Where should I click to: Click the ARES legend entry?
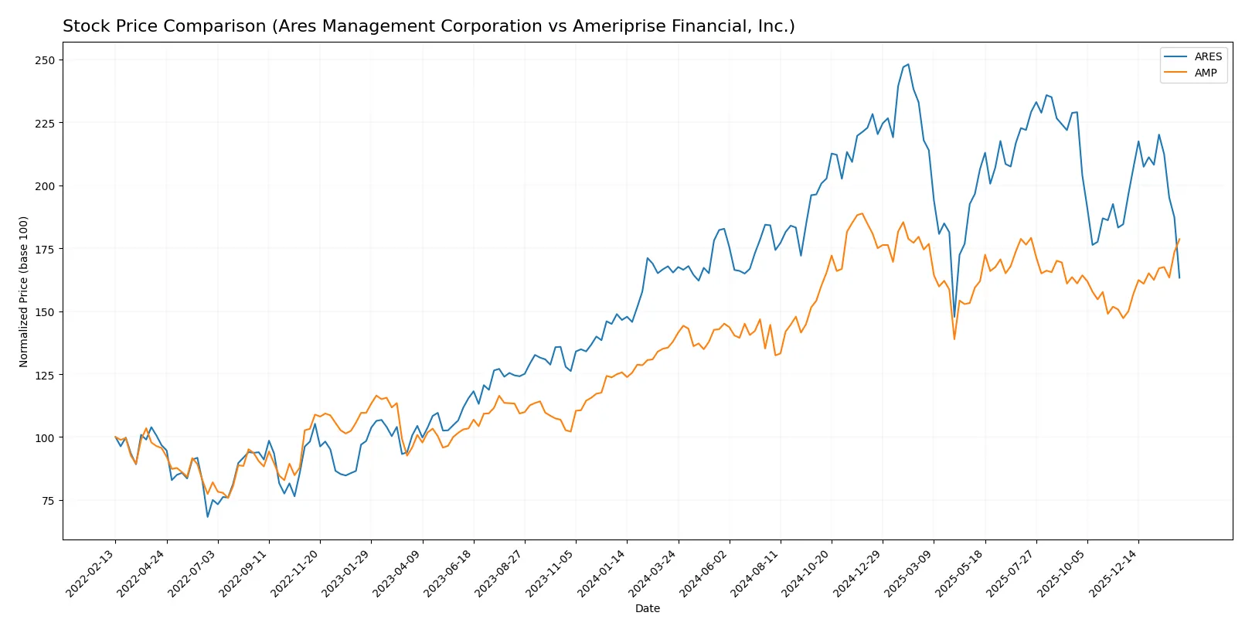pyautogui.click(x=1207, y=56)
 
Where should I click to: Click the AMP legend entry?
pyautogui.click(x=1205, y=73)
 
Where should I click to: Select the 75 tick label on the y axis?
pyautogui.click(x=48, y=501)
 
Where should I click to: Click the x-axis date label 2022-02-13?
pyautogui.click(x=91, y=573)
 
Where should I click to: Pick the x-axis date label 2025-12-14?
pyautogui.click(x=1114, y=573)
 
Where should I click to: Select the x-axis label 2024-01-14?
pyautogui.click(x=602, y=573)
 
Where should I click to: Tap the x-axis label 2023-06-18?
pyautogui.click(x=449, y=573)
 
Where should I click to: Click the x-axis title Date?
pyautogui.click(x=647, y=608)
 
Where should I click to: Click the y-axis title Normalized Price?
pyautogui.click(x=24, y=291)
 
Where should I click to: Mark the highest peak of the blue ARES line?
pyautogui.click(x=908, y=64)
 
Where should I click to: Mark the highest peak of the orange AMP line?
pyautogui.click(x=862, y=213)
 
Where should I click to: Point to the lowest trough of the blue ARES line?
pyautogui.click(x=207, y=516)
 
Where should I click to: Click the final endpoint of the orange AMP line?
pyautogui.click(x=1179, y=239)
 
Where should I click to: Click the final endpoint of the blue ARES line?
pyautogui.click(x=1179, y=277)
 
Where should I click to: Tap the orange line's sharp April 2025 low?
pyautogui.click(x=954, y=339)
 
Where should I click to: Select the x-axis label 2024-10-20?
pyautogui.click(x=807, y=573)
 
